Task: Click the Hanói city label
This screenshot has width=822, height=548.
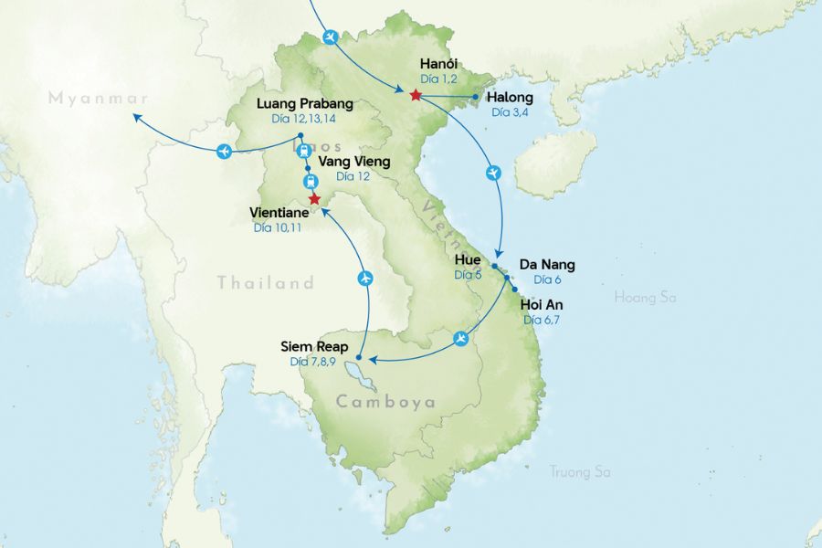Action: [x=439, y=64]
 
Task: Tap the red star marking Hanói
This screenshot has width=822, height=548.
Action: [x=416, y=95]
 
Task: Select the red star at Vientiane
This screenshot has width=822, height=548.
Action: [x=314, y=198]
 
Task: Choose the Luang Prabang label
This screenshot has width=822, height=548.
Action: [x=304, y=103]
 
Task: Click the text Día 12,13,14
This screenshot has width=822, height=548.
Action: [x=304, y=119]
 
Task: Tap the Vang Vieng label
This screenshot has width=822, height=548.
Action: [x=353, y=162]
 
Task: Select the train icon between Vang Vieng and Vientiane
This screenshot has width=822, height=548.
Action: [x=310, y=181]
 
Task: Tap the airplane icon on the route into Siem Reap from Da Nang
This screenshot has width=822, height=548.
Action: [x=461, y=340]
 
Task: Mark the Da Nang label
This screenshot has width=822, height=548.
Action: [x=546, y=265]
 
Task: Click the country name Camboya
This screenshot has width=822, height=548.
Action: [x=385, y=402]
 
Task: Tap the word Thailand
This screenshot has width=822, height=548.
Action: [x=265, y=283]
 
